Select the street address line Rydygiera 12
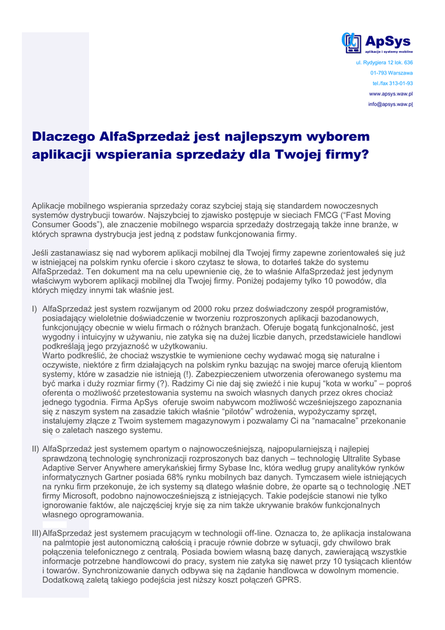click(384, 63)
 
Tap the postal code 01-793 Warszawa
click(391, 73)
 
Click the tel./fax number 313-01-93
click(392, 84)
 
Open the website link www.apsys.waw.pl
click(390, 94)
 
